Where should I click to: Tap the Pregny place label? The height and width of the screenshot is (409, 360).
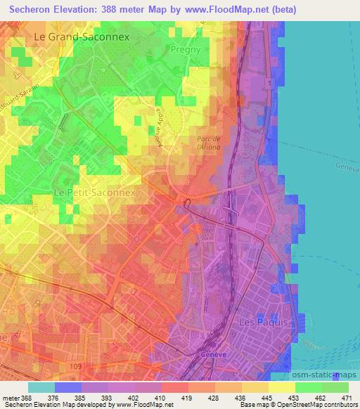[x=186, y=51]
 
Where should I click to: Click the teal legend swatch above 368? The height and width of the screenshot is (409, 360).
[x=41, y=387]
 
